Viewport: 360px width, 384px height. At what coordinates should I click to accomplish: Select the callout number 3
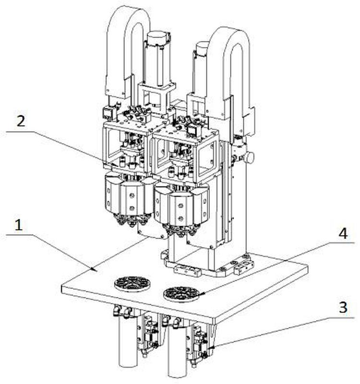(342, 308)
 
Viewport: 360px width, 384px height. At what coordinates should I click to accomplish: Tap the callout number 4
(342, 234)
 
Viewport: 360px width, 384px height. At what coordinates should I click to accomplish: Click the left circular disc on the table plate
(132, 284)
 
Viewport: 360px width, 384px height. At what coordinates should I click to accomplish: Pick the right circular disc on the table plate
(181, 293)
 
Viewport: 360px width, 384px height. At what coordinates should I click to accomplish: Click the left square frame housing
(126, 144)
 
